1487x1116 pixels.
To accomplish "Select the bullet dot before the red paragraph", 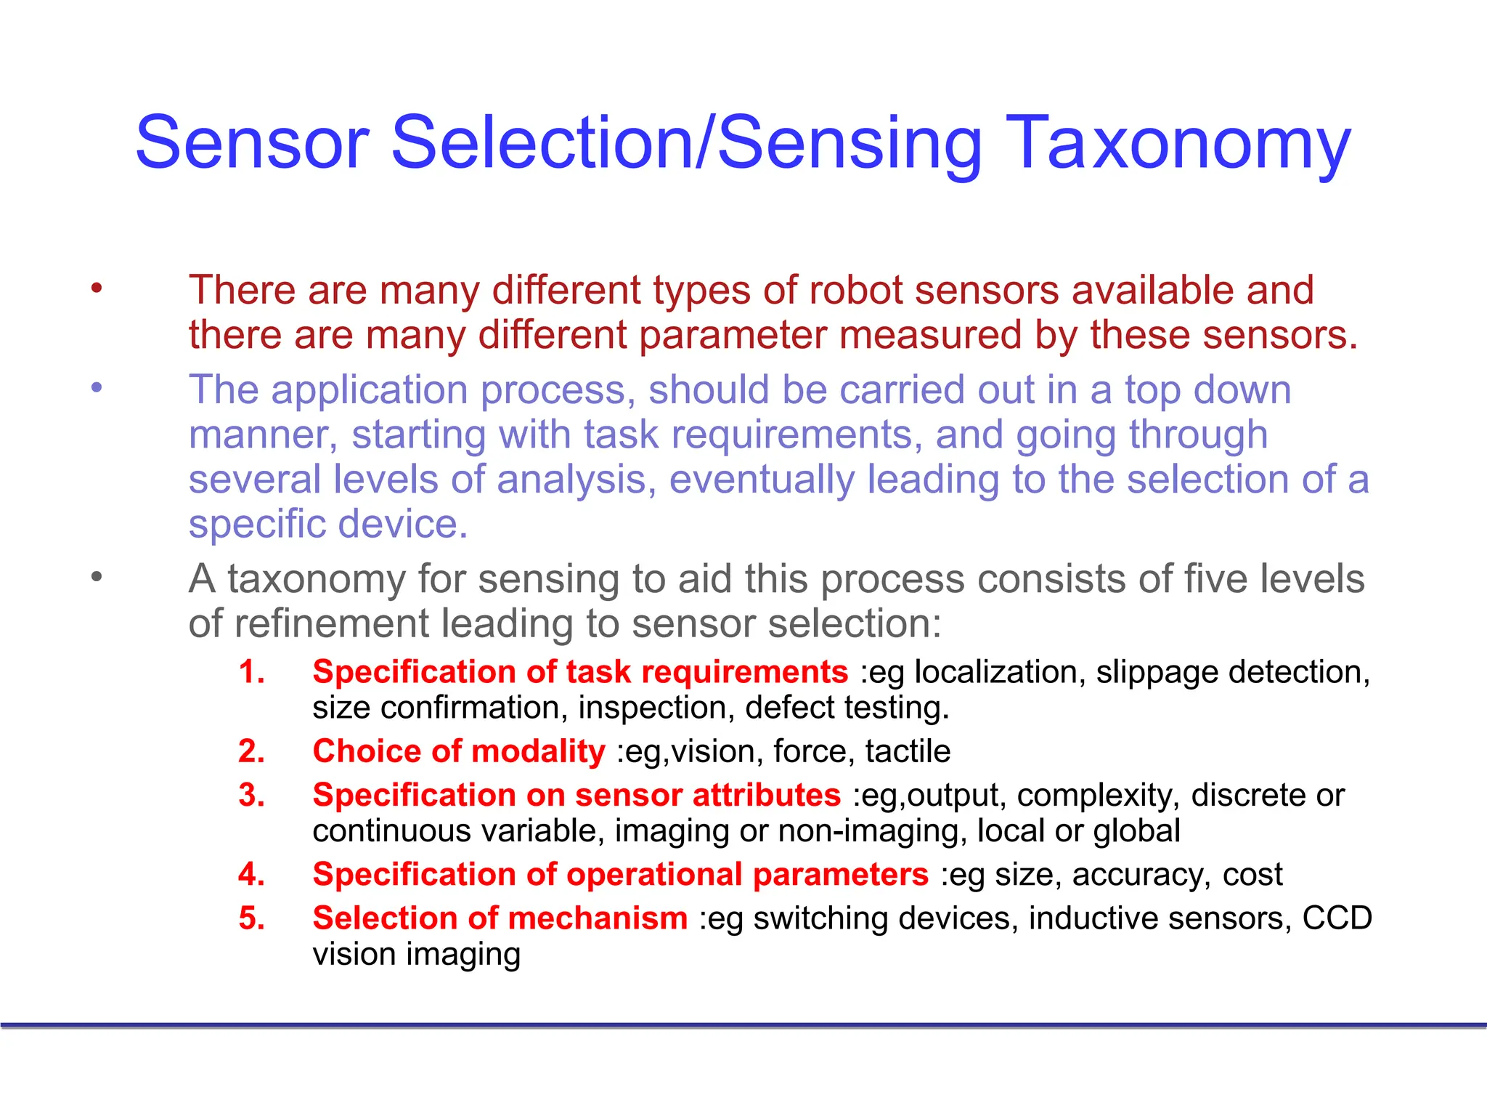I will pyautogui.click(x=97, y=288).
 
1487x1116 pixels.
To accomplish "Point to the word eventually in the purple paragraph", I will pyautogui.click(x=762, y=480).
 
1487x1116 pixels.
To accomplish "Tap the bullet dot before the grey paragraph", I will pyautogui.click(x=97, y=578).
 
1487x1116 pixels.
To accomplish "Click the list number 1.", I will pyautogui.click(x=251, y=672).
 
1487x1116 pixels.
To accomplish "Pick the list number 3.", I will pyautogui.click(x=251, y=796).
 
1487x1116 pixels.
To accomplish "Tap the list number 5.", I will pyautogui.click(x=251, y=918).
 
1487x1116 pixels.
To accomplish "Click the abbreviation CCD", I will pyautogui.click(x=1337, y=918).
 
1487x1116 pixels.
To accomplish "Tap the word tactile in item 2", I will pyautogui.click(x=908, y=751).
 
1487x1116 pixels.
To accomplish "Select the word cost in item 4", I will pyautogui.click(x=1252, y=875).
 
